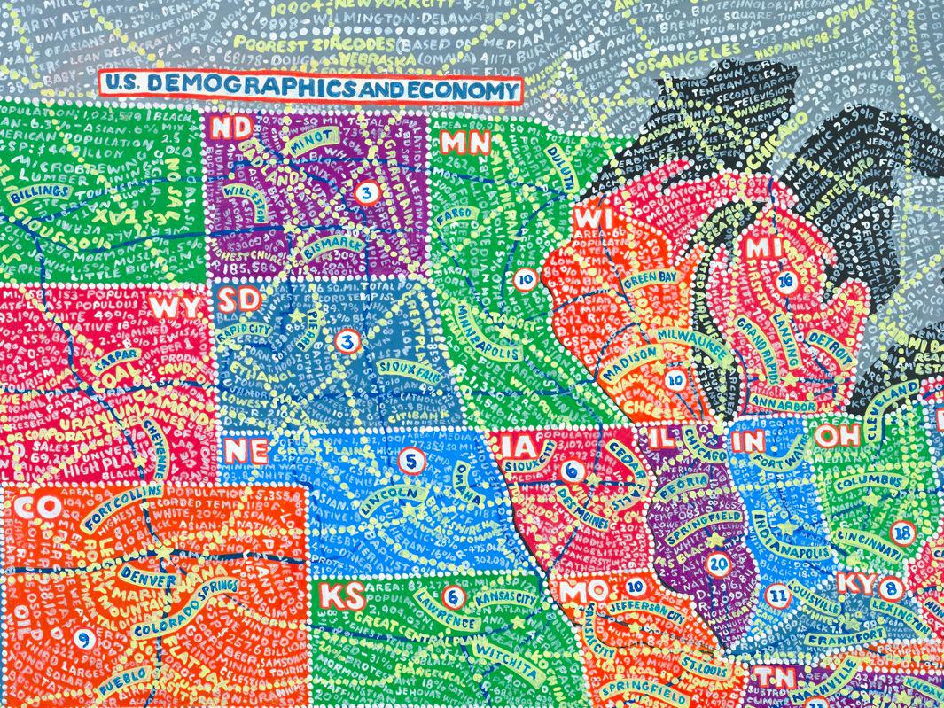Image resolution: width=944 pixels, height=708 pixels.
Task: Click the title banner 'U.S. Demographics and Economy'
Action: click(310, 88)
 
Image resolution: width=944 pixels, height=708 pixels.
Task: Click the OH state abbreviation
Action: click(836, 435)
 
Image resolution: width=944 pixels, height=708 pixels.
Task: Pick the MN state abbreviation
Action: click(462, 142)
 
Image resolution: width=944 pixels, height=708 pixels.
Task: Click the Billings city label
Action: click(35, 191)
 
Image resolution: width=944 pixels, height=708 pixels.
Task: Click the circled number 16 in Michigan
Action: click(784, 281)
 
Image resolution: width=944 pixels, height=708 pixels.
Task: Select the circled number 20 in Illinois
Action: click(719, 562)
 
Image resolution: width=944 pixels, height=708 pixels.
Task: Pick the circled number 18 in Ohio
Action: click(902, 533)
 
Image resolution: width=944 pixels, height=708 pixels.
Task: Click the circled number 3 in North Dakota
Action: click(365, 191)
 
